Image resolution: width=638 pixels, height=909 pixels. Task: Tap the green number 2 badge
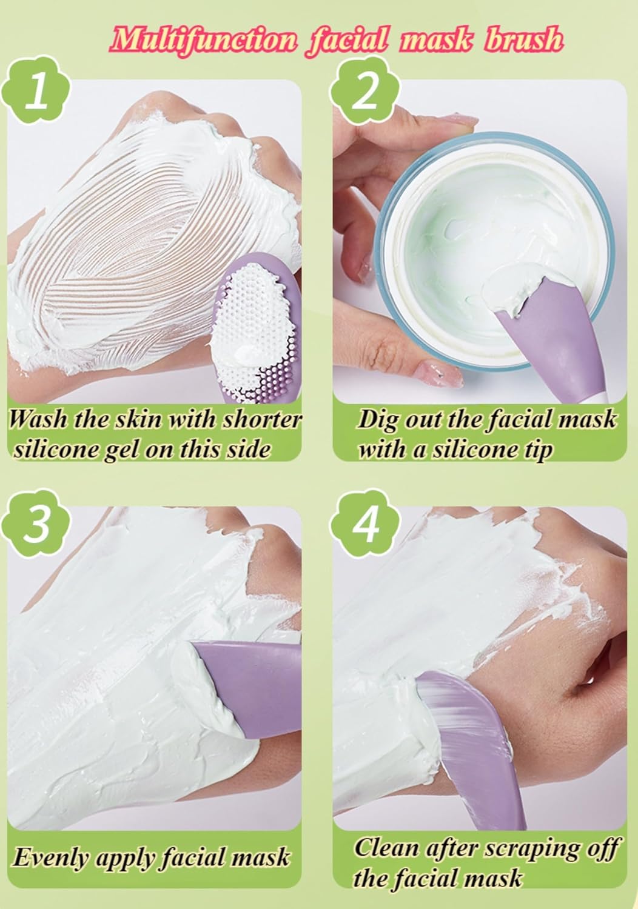(364, 95)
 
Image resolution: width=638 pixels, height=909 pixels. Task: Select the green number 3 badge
(38, 522)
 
